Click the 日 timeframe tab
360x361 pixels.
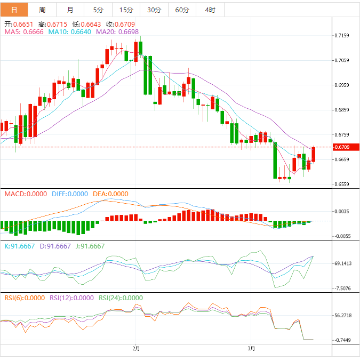click(x=14, y=10)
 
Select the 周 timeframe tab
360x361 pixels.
click(x=42, y=10)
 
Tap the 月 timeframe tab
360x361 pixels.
click(x=70, y=10)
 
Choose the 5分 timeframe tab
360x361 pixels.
click(x=98, y=10)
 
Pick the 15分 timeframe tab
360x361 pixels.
click(x=126, y=10)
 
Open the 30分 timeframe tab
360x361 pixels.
click(x=154, y=10)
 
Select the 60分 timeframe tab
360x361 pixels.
click(x=182, y=10)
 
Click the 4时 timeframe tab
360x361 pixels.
click(x=210, y=10)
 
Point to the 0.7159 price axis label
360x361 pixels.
click(x=342, y=36)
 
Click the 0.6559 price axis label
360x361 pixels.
click(x=342, y=184)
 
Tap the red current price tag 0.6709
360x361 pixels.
click(x=341, y=147)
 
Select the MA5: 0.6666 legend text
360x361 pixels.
click(x=24, y=32)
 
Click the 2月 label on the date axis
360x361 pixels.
click(x=136, y=349)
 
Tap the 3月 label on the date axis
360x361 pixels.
click(x=252, y=349)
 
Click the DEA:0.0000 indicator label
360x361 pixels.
click(x=111, y=194)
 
